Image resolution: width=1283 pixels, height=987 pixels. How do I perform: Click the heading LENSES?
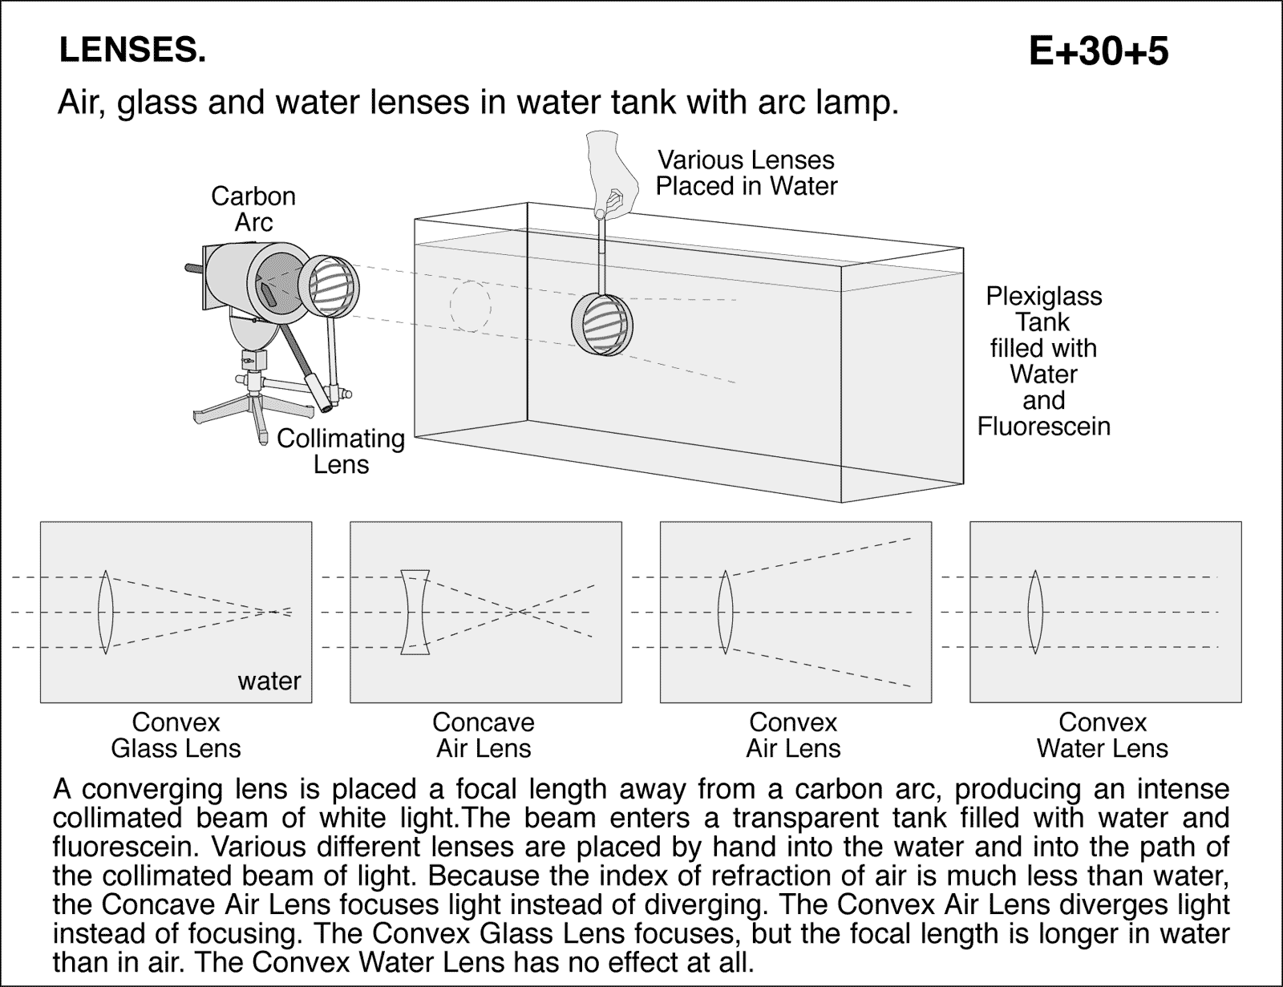[x=132, y=51]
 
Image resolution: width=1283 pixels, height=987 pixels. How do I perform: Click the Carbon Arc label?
[x=253, y=209]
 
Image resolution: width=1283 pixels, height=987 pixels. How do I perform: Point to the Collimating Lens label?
[x=341, y=451]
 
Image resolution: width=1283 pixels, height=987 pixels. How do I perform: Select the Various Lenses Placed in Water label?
[x=746, y=173]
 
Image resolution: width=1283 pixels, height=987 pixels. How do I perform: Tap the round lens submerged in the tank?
[x=602, y=326]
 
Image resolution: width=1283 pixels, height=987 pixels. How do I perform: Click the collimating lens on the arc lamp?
[x=330, y=285]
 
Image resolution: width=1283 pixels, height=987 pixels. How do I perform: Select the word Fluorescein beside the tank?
[x=1043, y=427]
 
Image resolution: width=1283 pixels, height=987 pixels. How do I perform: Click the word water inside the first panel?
[x=269, y=682]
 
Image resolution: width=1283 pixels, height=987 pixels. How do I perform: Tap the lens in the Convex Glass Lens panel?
[x=106, y=612]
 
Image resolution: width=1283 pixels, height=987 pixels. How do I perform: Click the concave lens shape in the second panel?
[x=415, y=612]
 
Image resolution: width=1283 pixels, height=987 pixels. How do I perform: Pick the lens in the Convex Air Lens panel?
[x=725, y=612]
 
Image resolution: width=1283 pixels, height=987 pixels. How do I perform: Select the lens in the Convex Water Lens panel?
[x=1035, y=612]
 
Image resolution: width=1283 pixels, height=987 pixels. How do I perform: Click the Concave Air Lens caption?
[x=484, y=735]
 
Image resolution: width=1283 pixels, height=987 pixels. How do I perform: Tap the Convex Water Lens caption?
[x=1102, y=735]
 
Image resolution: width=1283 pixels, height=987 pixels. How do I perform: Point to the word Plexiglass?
[x=1043, y=297]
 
